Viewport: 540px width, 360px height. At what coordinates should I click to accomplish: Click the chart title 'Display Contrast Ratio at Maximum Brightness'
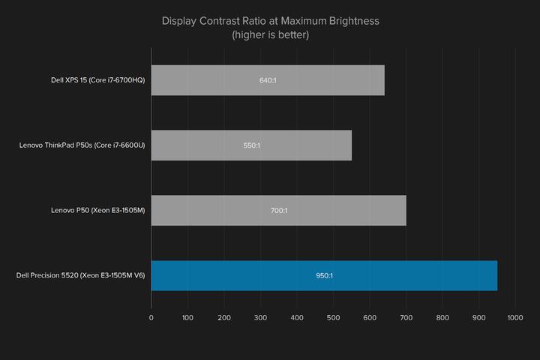pyautogui.click(x=270, y=20)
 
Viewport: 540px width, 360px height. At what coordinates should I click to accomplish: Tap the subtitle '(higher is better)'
pyautogui.click(x=270, y=34)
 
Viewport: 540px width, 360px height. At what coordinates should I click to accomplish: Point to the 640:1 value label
pyautogui.click(x=268, y=80)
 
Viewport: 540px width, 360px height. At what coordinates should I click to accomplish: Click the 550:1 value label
pyautogui.click(x=251, y=145)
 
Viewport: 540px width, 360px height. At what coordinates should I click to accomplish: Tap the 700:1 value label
pyautogui.click(x=278, y=211)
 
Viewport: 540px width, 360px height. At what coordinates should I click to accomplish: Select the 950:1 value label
pyautogui.click(x=324, y=275)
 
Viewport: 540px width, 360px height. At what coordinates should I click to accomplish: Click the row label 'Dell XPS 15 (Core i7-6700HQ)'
pyautogui.click(x=94, y=80)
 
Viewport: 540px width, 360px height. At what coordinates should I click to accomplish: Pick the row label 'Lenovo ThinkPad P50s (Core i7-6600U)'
pyautogui.click(x=82, y=145)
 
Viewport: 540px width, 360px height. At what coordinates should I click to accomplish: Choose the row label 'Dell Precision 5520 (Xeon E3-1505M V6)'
pyautogui.click(x=81, y=275)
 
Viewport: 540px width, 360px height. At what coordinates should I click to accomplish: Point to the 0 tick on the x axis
pyautogui.click(x=151, y=318)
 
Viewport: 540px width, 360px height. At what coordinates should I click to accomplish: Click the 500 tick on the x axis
pyautogui.click(x=333, y=318)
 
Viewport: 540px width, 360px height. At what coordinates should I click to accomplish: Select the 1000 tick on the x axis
pyautogui.click(x=514, y=318)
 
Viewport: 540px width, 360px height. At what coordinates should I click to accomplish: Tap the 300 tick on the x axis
pyautogui.click(x=260, y=318)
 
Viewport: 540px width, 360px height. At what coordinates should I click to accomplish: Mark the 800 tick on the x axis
pyautogui.click(x=442, y=318)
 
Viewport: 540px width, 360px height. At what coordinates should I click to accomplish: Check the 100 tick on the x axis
pyautogui.click(x=187, y=318)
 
